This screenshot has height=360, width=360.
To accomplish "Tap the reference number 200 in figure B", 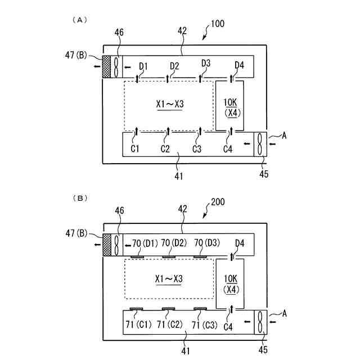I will (x=219, y=201).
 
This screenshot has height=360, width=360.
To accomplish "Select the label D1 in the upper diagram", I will (x=143, y=67).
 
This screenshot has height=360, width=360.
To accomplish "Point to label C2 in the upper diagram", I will (x=165, y=149).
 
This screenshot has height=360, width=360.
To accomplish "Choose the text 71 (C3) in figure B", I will (x=203, y=325).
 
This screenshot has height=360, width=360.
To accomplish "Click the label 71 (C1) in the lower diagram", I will (x=137, y=325).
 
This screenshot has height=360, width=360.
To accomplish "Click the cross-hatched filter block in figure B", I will (x=107, y=245).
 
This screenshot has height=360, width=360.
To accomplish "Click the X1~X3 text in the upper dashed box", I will (x=169, y=104).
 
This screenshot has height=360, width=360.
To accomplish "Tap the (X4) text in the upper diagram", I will (x=230, y=112).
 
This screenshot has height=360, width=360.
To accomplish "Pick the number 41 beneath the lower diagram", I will (x=185, y=350).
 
